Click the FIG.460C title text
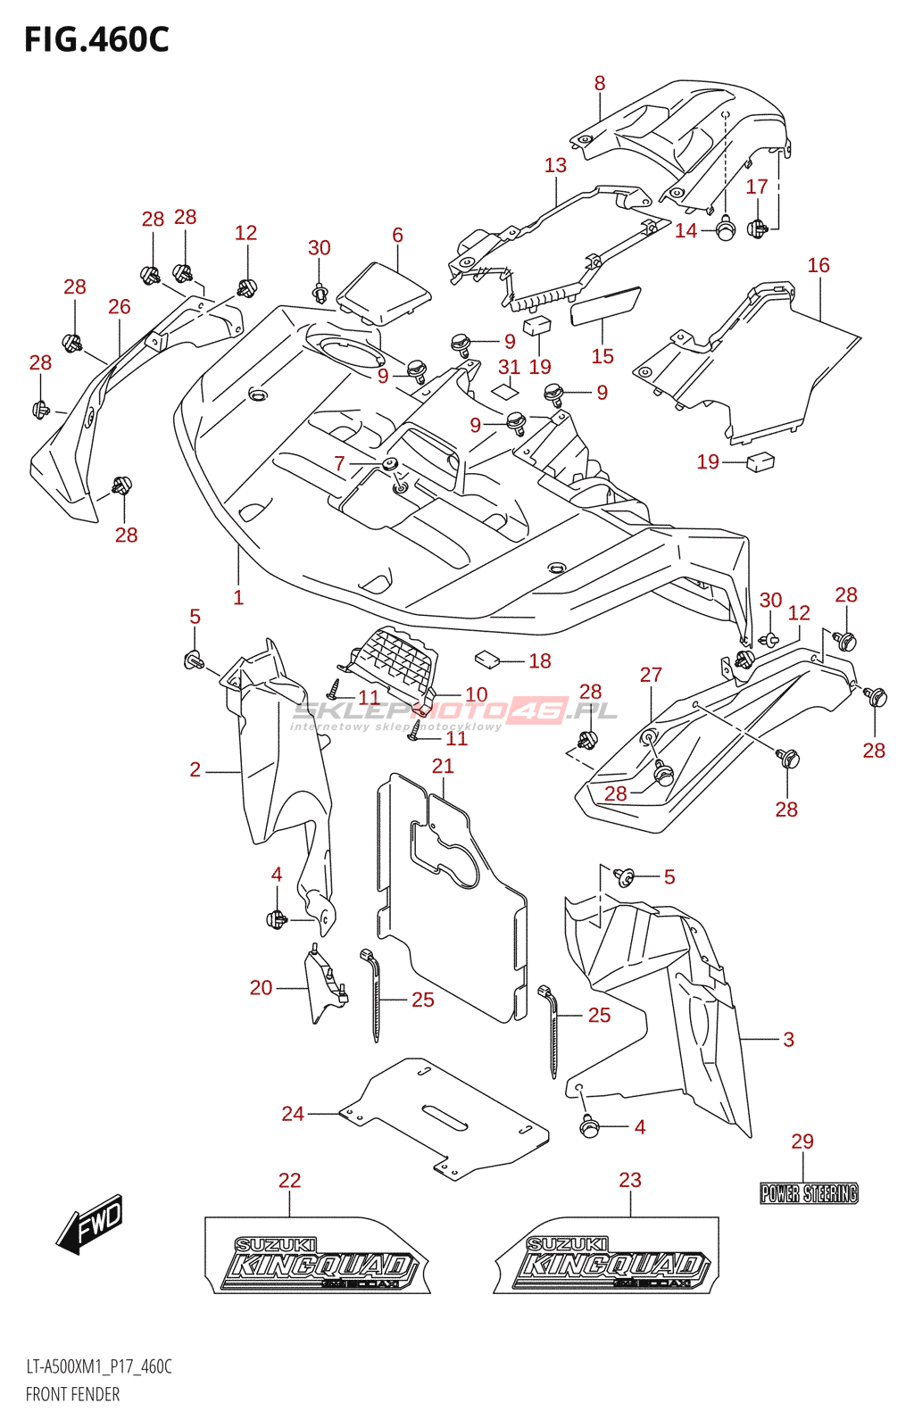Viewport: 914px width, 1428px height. (96, 40)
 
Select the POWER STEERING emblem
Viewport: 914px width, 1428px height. (809, 1193)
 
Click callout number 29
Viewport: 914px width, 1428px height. (802, 1142)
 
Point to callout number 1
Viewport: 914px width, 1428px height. (238, 598)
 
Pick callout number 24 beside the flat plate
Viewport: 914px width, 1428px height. (293, 1114)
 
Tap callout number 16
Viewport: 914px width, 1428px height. (818, 265)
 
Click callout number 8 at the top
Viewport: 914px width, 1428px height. (600, 83)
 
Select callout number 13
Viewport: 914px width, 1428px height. (555, 165)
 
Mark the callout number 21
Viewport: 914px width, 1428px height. (443, 766)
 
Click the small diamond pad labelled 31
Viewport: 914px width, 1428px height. (505, 389)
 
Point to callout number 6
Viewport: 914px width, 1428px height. (397, 235)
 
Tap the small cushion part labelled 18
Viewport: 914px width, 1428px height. (487, 660)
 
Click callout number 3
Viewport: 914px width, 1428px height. (788, 1040)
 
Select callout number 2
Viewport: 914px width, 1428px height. (195, 769)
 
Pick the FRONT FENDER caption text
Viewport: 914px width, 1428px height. (72, 1394)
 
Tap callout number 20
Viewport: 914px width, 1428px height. (261, 988)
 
